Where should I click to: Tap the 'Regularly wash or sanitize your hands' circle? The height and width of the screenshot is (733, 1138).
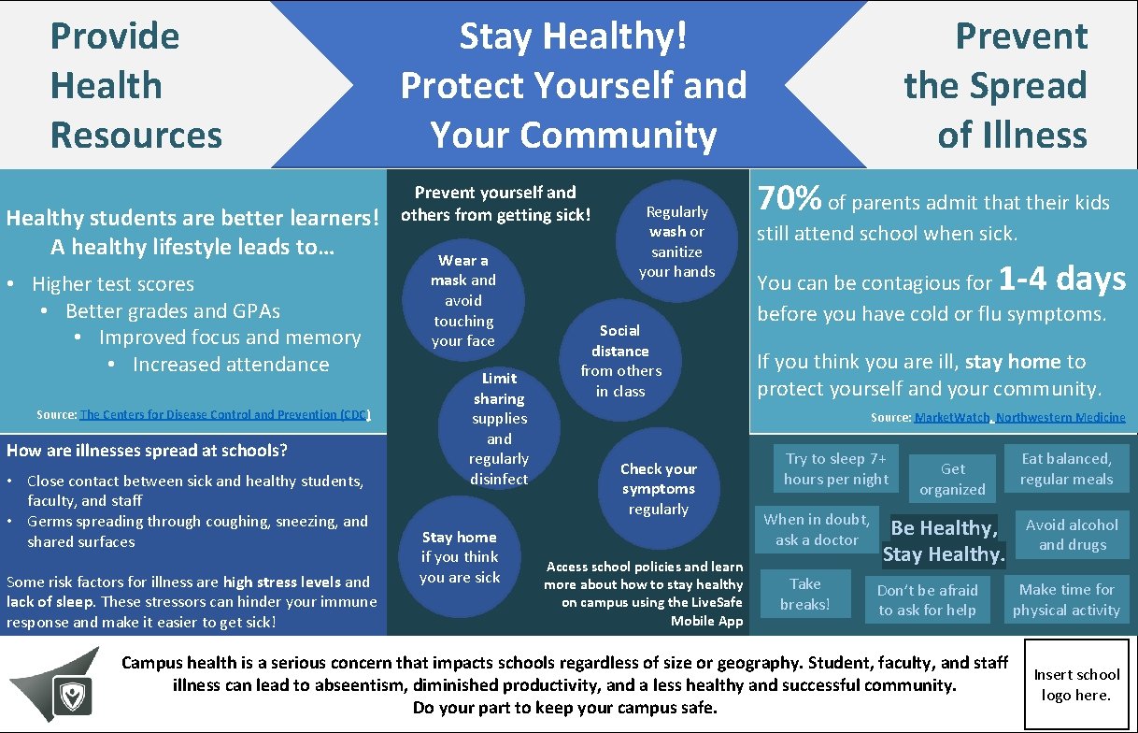[676, 242]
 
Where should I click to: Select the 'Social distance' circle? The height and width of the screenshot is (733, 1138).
[620, 361]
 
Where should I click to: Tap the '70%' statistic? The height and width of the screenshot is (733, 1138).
[789, 199]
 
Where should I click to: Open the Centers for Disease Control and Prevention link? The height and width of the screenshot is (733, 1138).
[225, 414]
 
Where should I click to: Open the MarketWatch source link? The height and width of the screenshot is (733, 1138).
[952, 417]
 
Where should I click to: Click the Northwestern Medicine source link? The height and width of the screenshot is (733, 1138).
[1060, 417]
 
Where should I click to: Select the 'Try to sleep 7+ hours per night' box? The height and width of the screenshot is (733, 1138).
[836, 468]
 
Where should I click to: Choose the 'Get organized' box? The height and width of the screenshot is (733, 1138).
[952, 479]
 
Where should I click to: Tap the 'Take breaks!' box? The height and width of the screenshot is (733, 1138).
[804, 594]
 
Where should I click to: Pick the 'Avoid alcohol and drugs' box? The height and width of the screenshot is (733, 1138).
[1072, 535]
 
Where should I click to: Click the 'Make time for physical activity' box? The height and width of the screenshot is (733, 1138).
[1066, 599]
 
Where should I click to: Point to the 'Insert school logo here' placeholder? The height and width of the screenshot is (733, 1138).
[1076, 684]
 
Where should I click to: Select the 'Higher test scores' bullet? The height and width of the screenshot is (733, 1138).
[112, 283]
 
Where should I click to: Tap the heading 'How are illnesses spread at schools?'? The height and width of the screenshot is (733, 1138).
[147, 451]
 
